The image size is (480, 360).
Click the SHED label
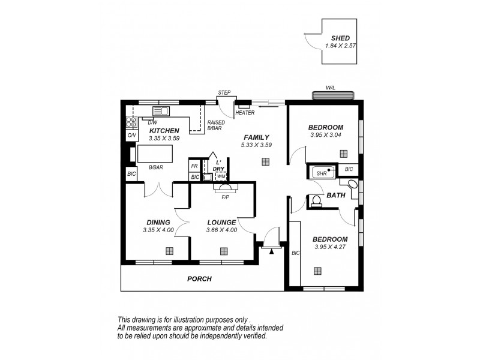coord(340,38)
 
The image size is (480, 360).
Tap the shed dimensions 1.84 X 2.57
coord(340,46)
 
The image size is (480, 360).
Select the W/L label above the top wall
coord(331,88)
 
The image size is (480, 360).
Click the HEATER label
coord(245,113)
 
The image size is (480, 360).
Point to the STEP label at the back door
coord(224,92)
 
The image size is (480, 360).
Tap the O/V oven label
coord(131,136)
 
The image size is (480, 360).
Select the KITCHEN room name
coord(164,130)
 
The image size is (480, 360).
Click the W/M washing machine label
coord(221,176)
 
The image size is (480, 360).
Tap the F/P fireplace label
coord(226,196)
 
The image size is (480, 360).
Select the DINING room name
coord(158,222)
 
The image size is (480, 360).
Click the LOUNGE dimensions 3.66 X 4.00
coord(221,230)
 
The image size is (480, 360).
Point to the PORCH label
coord(199,278)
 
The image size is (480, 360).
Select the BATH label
coord(335,195)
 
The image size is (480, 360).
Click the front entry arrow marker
coord(271,251)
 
